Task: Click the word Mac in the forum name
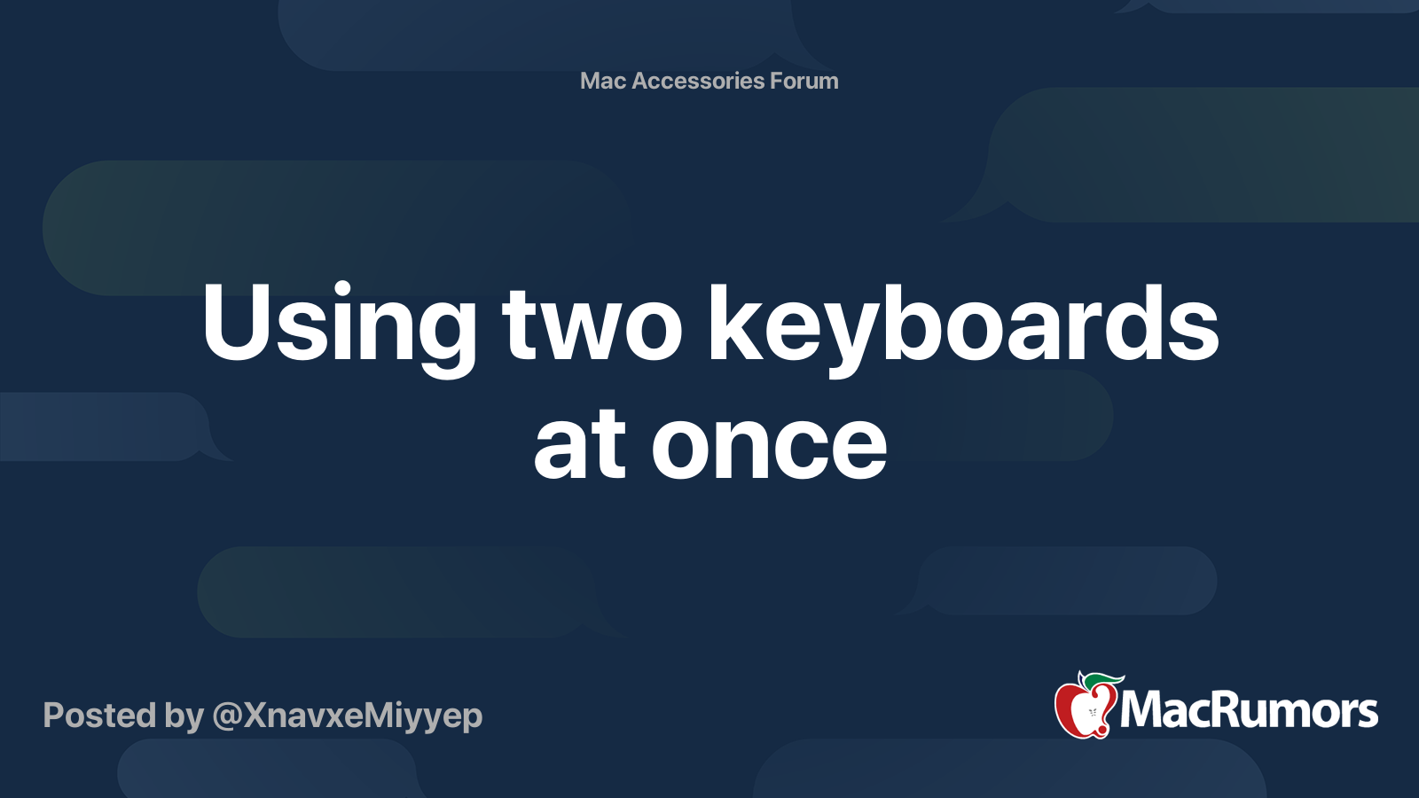[x=603, y=81]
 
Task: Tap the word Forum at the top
[x=804, y=81]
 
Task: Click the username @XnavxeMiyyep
[x=347, y=716]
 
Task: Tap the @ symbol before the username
[x=227, y=716]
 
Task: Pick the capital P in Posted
[x=52, y=716]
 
